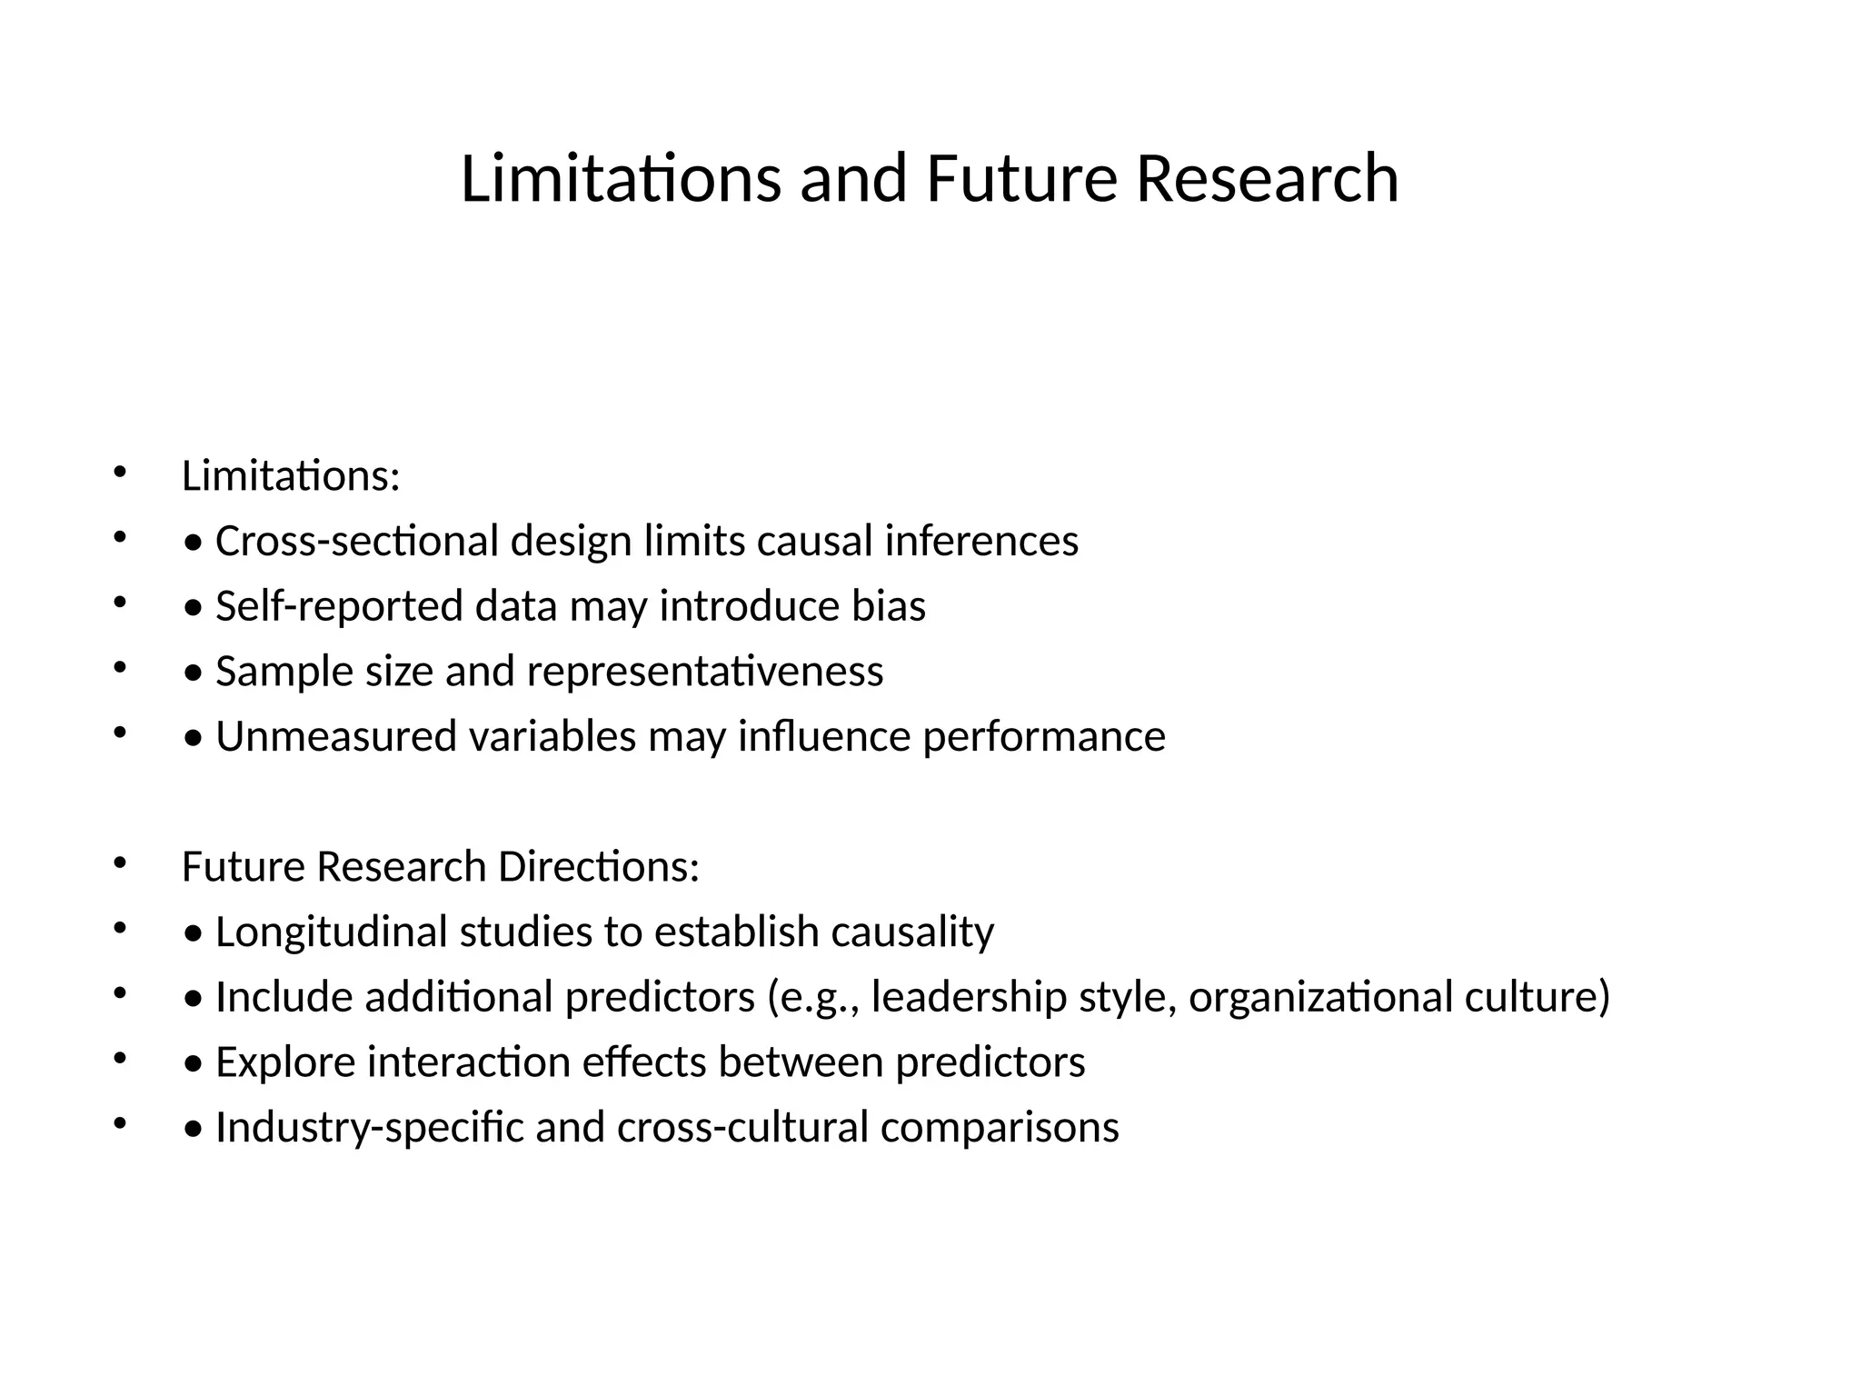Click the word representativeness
point(704,672)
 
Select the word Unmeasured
point(335,736)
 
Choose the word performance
point(1044,736)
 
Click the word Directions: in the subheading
point(599,866)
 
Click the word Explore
point(285,1062)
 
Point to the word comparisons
point(1000,1127)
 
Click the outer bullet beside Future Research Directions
point(118,863)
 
